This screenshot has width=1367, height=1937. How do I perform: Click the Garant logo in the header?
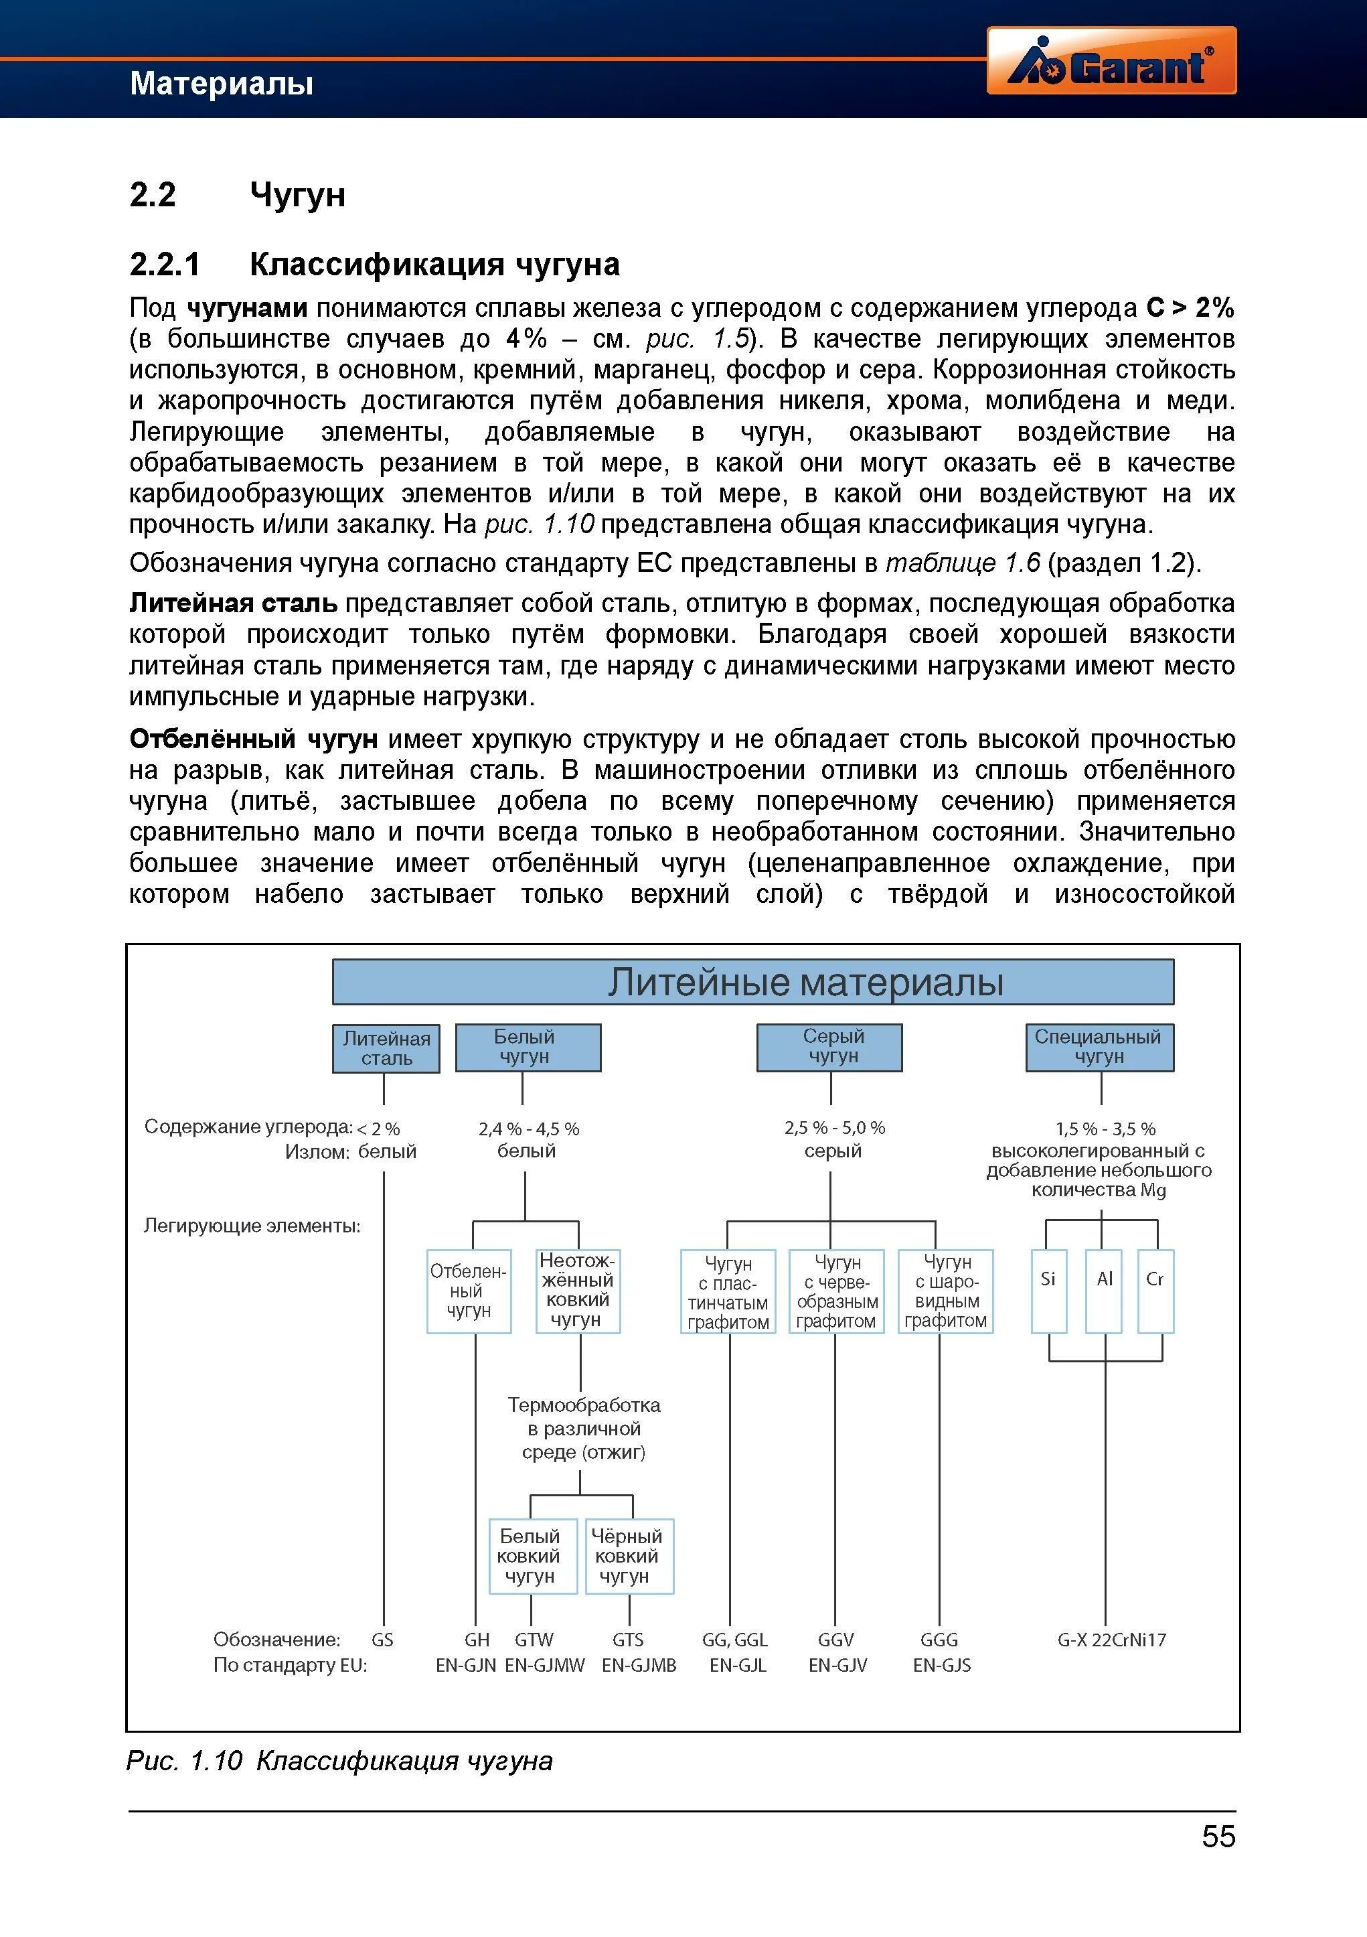pos(1111,61)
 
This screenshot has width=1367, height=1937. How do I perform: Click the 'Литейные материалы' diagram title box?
pos(752,982)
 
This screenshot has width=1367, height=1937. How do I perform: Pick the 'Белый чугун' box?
pos(528,1047)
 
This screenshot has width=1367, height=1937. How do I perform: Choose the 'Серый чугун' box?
pos(829,1047)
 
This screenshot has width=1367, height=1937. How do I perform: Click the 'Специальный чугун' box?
pos(1099,1047)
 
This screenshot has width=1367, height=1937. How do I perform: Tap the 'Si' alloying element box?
pos(1048,1291)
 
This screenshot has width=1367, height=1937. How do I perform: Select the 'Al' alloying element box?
pos(1104,1291)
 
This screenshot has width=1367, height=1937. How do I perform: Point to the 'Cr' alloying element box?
pos(1155,1291)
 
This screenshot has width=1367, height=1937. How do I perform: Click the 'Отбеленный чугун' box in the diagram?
pos(469,1291)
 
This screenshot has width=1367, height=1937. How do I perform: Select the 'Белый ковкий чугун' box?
pos(532,1557)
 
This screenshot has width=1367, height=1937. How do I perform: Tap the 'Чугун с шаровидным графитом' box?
pos(945,1291)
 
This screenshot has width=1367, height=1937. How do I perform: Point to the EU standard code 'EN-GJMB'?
pos(639,1665)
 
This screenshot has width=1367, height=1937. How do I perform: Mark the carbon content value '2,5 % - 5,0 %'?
pos(834,1128)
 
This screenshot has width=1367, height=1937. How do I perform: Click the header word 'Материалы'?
pos(222,84)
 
